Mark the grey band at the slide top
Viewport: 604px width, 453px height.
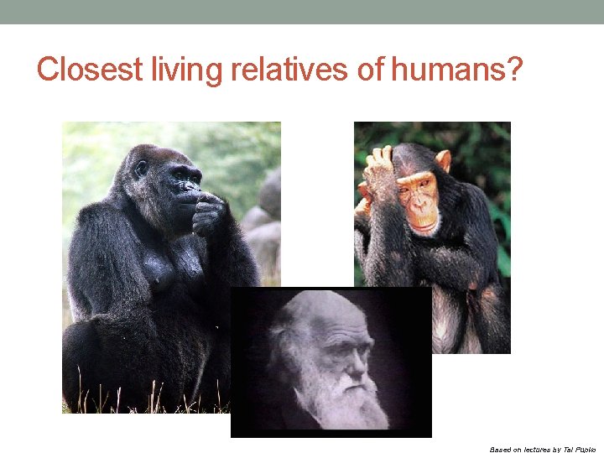coord(302,12)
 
